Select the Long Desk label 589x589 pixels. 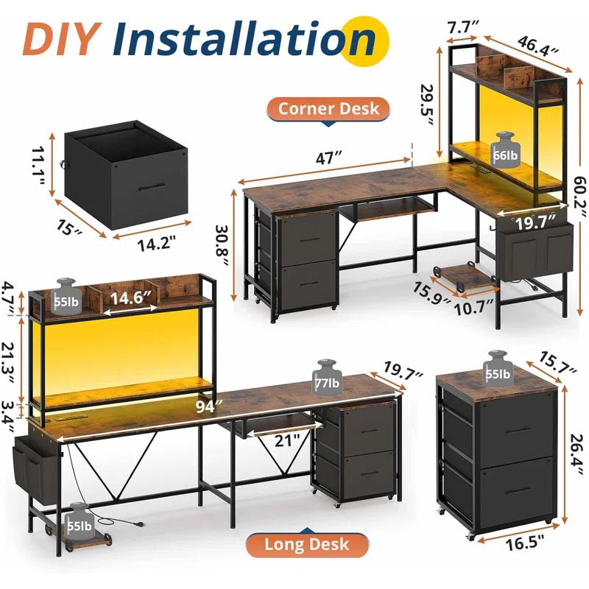tap(308, 545)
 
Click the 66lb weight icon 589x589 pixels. tap(505, 147)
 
